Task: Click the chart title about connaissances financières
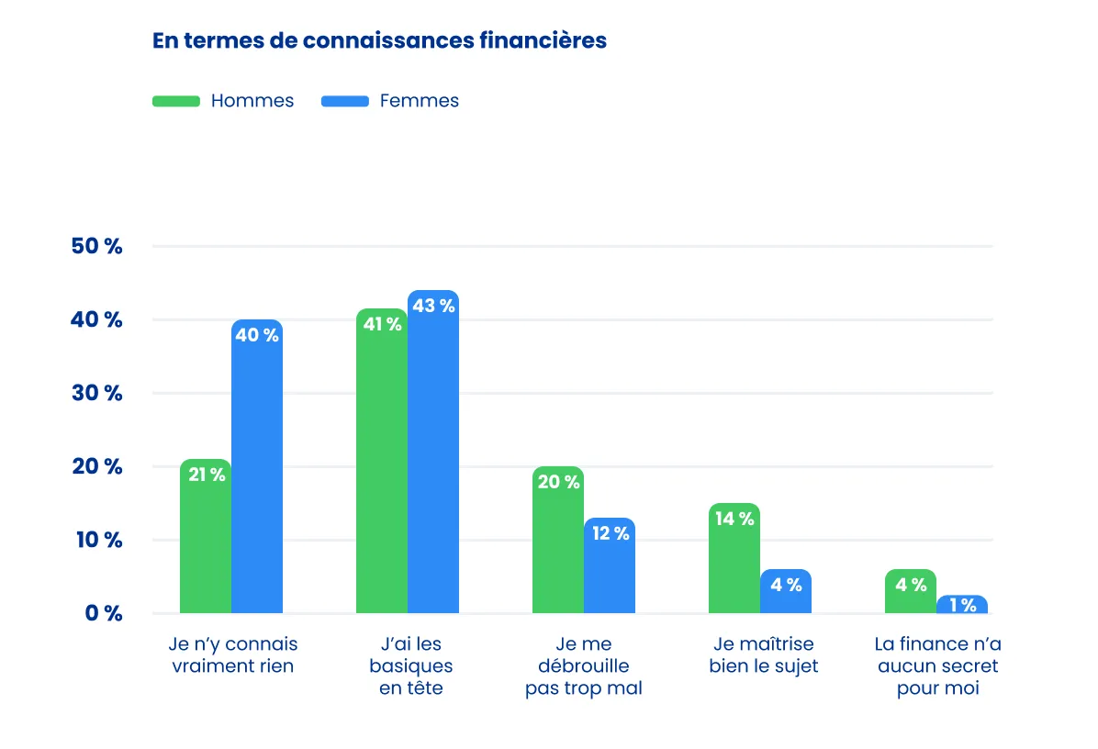pos(379,41)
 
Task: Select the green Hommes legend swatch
pos(175,101)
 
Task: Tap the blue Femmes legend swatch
pos(345,101)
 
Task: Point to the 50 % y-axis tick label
pos(96,247)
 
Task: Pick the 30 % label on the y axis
pos(96,393)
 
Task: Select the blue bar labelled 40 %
pos(257,468)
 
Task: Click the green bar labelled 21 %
pos(206,537)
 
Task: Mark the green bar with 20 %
pos(558,542)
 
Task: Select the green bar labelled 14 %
pos(734,560)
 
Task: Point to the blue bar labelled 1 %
pos(962,605)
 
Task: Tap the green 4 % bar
pos(911,592)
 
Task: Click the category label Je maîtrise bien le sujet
pos(763,654)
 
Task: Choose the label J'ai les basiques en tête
pos(410,665)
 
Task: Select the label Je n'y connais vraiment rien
pos(233,654)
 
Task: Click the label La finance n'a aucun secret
pos(937,665)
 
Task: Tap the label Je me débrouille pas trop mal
pos(583,665)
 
